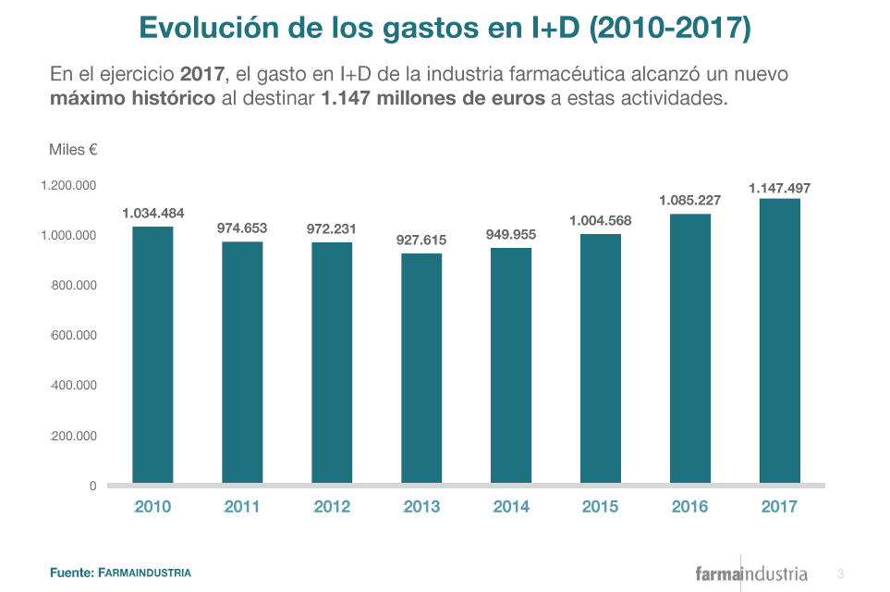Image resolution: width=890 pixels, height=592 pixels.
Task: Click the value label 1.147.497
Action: coord(779,188)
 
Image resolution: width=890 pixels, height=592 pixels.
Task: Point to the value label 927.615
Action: coord(421,240)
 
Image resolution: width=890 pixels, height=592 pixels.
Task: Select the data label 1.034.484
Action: coord(152,214)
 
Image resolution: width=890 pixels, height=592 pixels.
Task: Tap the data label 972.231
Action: coord(332,228)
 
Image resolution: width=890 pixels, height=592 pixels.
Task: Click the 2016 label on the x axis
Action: coord(689,506)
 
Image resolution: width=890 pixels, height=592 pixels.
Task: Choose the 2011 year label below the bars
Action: coord(242,506)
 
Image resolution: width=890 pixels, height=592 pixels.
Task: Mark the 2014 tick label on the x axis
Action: coord(511,506)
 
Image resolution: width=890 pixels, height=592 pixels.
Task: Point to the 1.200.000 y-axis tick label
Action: coord(68,186)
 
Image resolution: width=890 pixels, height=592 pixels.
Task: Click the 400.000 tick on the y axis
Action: coord(74,386)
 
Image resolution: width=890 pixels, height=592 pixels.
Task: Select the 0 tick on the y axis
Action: coord(92,486)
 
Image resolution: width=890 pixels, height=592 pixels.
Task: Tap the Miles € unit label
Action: coord(73,149)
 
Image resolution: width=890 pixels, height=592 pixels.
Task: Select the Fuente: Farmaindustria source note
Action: coord(120,573)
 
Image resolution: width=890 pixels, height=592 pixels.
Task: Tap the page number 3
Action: coord(840,573)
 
